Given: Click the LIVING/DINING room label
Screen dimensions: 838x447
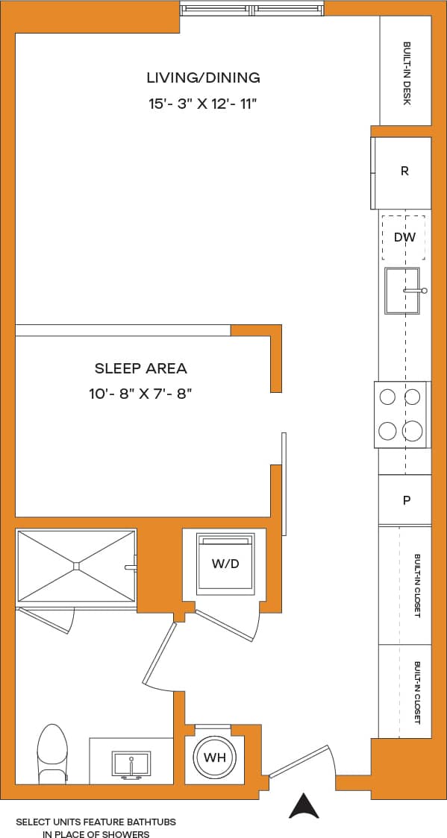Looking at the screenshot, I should [x=203, y=78].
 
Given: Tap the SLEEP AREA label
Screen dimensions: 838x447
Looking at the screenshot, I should [x=141, y=368].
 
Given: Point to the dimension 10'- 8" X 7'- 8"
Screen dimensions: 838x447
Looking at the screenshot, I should [x=141, y=393].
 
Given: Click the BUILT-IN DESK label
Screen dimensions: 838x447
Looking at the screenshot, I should [x=407, y=72].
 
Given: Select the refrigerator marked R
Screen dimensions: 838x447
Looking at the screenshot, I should [x=404, y=171].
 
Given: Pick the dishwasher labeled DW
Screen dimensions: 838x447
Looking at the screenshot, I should [x=404, y=237].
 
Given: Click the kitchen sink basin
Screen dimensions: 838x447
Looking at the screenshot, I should [x=401, y=291].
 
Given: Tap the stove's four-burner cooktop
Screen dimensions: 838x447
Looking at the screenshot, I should [x=401, y=414].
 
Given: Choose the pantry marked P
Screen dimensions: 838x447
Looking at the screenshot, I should [x=406, y=500].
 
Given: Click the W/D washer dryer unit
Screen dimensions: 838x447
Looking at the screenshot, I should [x=225, y=564].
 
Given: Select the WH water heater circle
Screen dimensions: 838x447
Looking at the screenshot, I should [x=215, y=758].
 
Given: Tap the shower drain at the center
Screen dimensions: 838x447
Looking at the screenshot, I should [x=76, y=565].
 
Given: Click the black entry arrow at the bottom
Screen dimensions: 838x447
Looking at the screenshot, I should [x=304, y=806].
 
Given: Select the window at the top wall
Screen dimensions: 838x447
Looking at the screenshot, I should [x=253, y=10].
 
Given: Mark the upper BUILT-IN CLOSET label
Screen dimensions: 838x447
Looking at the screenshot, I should [x=416, y=585].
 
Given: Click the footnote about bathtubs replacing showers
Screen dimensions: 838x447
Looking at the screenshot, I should [x=96, y=828].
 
